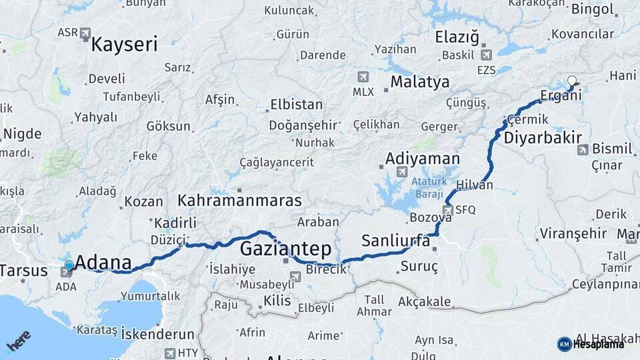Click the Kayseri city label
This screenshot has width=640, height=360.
(124, 45)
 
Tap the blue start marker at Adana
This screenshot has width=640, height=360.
(69, 266)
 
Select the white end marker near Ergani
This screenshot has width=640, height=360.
(572, 81)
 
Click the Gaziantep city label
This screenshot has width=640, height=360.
(285, 249)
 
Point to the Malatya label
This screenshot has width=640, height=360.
(420, 82)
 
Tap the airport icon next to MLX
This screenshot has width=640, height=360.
(363, 77)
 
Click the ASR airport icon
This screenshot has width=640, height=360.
(85, 32)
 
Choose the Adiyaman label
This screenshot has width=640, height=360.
(423, 159)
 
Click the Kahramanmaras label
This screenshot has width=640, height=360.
(239, 200)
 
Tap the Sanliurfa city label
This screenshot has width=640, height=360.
(396, 241)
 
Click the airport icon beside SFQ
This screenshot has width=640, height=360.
(447, 210)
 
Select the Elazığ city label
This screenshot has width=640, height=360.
(457, 38)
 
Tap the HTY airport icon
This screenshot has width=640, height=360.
(170, 353)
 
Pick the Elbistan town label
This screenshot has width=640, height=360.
(296, 105)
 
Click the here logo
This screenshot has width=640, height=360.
(19, 344)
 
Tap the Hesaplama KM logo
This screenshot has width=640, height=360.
(591, 344)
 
